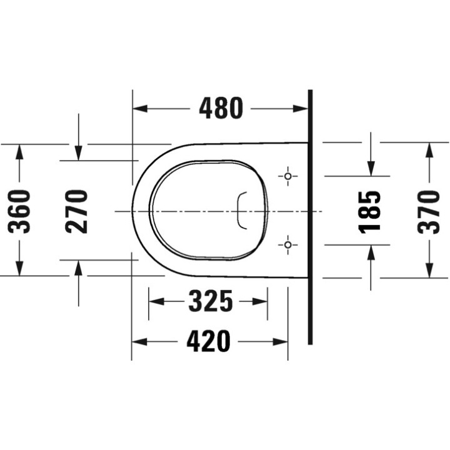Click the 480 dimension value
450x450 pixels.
[x=221, y=109]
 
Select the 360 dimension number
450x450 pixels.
[x=21, y=211]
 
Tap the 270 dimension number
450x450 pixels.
[x=77, y=211]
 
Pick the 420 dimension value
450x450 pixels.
[x=209, y=341]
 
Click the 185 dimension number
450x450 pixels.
[x=371, y=211]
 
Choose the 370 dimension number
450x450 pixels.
[x=429, y=211]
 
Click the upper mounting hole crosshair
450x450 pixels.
[x=287, y=176]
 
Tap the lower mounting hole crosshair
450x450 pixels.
[x=287, y=244]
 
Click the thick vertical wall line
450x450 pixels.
[x=309, y=219]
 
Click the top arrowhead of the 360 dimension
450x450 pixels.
[x=21, y=151]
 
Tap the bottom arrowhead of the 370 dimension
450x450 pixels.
[x=429, y=270]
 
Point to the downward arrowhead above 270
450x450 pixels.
[x=78, y=152]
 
